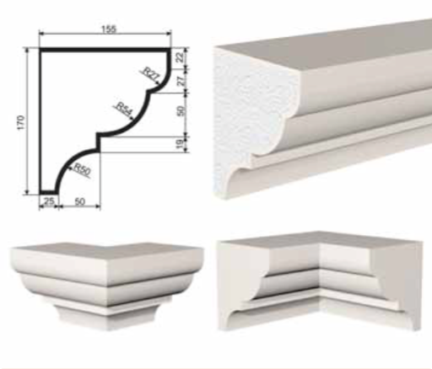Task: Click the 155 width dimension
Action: point(109,29)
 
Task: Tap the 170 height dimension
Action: point(21,122)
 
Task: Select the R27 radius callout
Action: point(151,74)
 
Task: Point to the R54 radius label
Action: point(124,109)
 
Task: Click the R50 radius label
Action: point(82,169)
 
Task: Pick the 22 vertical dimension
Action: point(181,57)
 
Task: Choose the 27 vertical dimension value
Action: point(181,80)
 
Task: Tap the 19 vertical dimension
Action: point(180,144)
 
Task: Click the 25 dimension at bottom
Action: point(49,201)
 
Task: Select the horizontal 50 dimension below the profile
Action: point(80,201)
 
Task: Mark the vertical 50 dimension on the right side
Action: point(181,110)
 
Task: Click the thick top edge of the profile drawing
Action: point(105,50)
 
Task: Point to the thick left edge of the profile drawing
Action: point(41,121)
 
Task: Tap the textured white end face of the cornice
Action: point(247,118)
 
